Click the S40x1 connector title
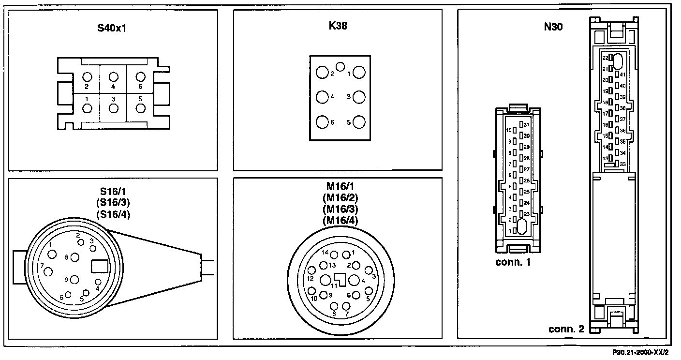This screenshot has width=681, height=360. (x=112, y=28)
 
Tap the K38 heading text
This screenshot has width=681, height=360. (x=338, y=26)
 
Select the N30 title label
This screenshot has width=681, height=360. (x=553, y=28)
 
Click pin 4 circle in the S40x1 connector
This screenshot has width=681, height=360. (x=114, y=77)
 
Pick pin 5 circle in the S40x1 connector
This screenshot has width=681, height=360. (x=140, y=108)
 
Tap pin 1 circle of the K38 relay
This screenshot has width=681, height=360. (x=358, y=73)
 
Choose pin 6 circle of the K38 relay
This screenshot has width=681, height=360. (x=322, y=121)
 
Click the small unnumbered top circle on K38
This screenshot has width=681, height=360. (x=340, y=66)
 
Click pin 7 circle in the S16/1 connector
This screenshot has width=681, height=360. (x=48, y=272)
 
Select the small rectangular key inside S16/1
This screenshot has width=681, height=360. (x=100, y=266)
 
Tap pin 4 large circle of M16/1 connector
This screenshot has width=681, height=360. (x=355, y=280)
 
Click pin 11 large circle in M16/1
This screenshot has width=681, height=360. (x=326, y=280)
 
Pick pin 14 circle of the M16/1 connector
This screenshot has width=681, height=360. (x=334, y=255)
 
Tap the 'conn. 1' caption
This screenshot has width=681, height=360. (x=513, y=263)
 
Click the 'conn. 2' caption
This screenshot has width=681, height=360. (x=566, y=330)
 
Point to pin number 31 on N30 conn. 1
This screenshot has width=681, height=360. (x=527, y=125)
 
